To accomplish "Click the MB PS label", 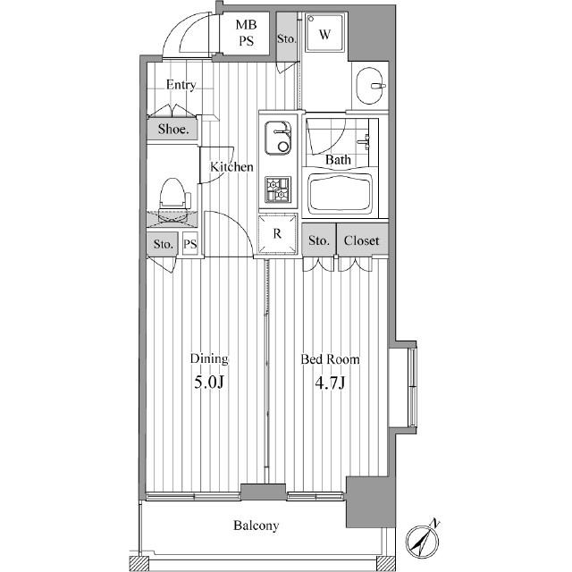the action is [247, 33].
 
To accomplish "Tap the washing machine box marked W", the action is [324, 33].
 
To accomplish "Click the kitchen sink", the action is [278, 138].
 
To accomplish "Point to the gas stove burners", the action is [278, 189].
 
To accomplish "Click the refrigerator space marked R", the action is [277, 234].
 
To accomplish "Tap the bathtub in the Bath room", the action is [340, 194].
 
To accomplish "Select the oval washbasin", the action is [369, 86].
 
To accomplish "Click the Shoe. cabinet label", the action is [173, 129].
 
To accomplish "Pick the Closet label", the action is [361, 240].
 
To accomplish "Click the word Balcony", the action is [257, 526].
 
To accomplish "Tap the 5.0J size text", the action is [208, 382].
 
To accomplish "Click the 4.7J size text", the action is [330, 383].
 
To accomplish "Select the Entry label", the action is [181, 85].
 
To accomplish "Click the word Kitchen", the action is [231, 167].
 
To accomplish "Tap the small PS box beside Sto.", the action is [190, 244].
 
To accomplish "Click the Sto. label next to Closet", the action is [318, 240].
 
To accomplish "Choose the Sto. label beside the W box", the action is [286, 38].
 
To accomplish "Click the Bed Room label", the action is [330, 359].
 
